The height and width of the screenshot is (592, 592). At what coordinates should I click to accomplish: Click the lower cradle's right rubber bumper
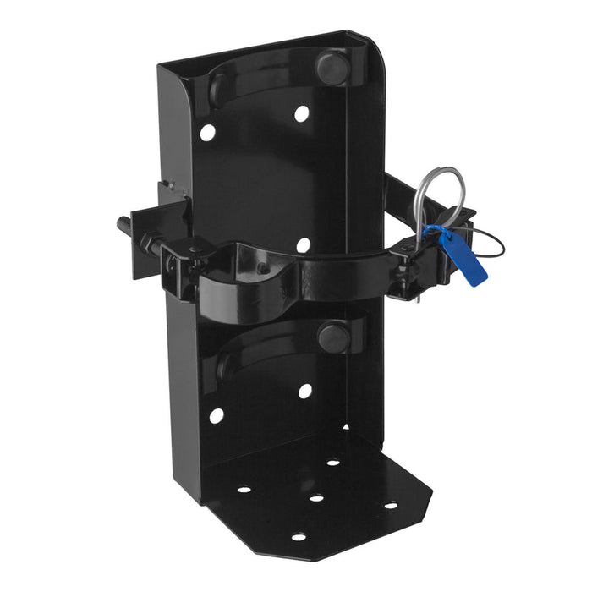click(x=332, y=337)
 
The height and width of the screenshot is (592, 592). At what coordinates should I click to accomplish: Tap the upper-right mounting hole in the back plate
click(x=301, y=112)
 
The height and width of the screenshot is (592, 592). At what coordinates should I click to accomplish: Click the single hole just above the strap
click(x=303, y=245)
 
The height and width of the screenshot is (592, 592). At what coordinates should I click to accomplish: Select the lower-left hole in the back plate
click(x=217, y=416)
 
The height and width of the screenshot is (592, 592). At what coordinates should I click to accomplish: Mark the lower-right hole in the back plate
click(x=304, y=391)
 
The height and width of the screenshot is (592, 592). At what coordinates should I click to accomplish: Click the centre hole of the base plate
click(x=316, y=497)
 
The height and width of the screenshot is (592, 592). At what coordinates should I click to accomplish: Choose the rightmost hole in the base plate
click(x=390, y=506)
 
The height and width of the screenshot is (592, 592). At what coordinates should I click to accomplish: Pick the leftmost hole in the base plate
click(x=244, y=489)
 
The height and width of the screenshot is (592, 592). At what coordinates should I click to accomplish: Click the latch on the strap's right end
click(x=411, y=258)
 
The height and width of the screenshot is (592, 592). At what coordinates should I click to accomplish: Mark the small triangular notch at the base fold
click(x=342, y=428)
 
